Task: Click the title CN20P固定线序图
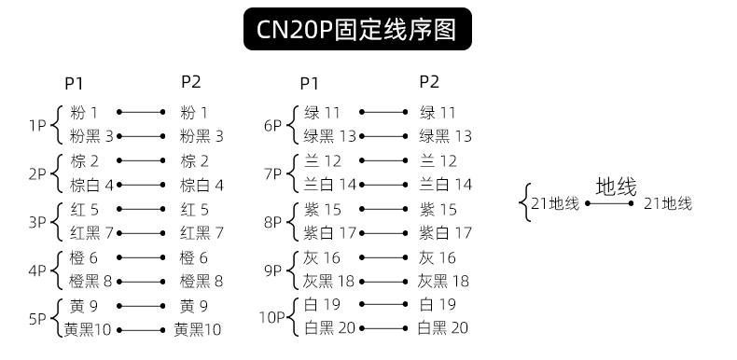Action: tap(356, 29)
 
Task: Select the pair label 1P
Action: tap(37, 126)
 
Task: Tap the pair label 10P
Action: tap(272, 318)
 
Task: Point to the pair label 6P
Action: tap(272, 126)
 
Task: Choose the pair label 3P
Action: tap(37, 222)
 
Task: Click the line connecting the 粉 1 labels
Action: tap(141, 112)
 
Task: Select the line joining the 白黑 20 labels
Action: tap(383, 328)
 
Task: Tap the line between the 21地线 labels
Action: tap(609, 203)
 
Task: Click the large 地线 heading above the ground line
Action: tap(617, 187)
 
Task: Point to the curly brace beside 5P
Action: tap(57, 318)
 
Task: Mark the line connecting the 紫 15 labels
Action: tap(383, 209)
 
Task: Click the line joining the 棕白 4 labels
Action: tap(141, 185)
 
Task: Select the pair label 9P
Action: tap(272, 271)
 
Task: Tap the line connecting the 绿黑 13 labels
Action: tap(383, 136)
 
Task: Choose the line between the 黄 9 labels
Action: tap(141, 306)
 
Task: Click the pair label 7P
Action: tap(272, 174)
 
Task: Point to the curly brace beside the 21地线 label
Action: tap(524, 202)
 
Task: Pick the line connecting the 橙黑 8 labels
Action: tap(141, 282)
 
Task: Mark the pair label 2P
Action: tap(37, 174)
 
